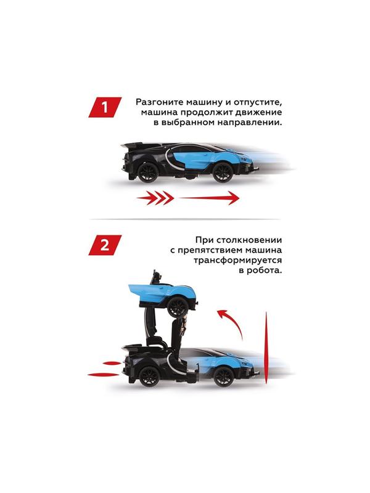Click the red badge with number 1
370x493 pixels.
coord(105,107)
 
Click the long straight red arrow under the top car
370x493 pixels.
coord(210,198)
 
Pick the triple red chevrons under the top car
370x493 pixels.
coord(157,198)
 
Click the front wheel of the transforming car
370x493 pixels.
coord(223,377)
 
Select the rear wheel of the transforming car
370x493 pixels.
coord(147,378)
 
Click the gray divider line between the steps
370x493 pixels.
coord(185,219)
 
